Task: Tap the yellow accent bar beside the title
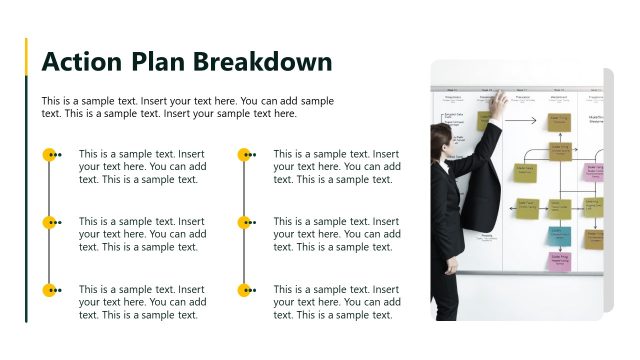pos(26,57)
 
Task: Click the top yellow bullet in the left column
pos(49,155)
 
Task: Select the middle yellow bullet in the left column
pos(49,222)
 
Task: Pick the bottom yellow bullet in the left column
pos(49,290)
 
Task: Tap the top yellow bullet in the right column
pos(244,155)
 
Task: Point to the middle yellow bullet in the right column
pos(244,222)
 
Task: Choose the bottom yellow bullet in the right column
pos(244,290)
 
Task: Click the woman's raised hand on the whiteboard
pos(497,101)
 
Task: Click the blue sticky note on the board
pos(562,236)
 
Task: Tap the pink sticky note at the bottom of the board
pos(559,259)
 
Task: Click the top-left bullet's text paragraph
pos(142,167)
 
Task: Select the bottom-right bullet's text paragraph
pos(337,302)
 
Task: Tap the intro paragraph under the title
pos(188,107)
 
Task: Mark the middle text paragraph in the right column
pos(337,234)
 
